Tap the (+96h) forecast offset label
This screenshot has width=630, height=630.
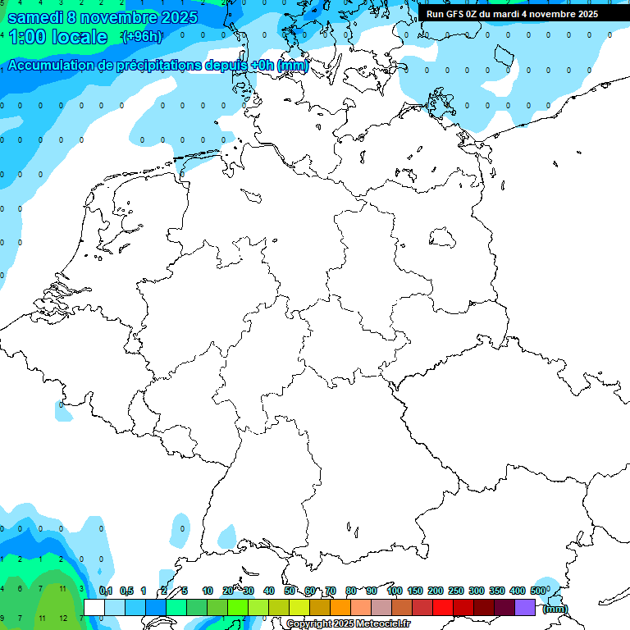point(141,37)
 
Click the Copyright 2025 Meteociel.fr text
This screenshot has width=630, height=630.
point(348,624)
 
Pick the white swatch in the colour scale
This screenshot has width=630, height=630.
point(94,607)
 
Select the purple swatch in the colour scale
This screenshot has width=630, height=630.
point(525,607)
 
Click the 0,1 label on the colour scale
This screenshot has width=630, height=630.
point(106,591)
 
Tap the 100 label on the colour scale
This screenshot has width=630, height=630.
point(394,591)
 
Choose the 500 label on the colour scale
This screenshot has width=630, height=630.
point(538,591)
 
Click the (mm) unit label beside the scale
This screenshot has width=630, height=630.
point(555,609)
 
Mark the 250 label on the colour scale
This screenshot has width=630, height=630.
point(456,591)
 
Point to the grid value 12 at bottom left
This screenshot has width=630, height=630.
point(64,618)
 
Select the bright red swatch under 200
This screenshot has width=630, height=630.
point(443,607)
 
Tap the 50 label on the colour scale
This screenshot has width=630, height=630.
point(290,591)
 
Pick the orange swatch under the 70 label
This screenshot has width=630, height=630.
point(340,607)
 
